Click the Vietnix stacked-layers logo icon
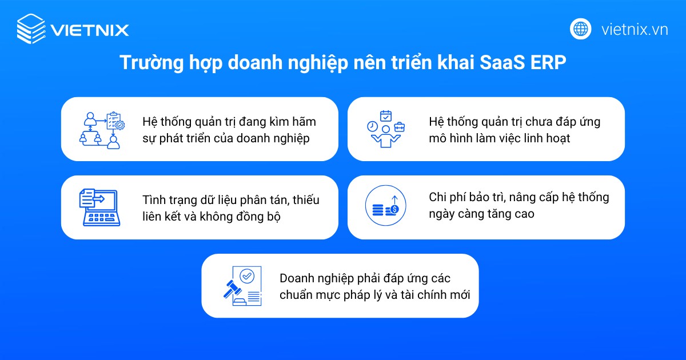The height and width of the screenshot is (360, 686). coord(31,29)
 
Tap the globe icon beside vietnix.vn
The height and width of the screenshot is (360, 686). coord(581,29)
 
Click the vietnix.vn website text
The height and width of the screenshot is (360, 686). coord(635,29)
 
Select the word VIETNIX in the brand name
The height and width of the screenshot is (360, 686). coord(90,30)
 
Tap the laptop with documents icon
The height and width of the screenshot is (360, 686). coord(98,207)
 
